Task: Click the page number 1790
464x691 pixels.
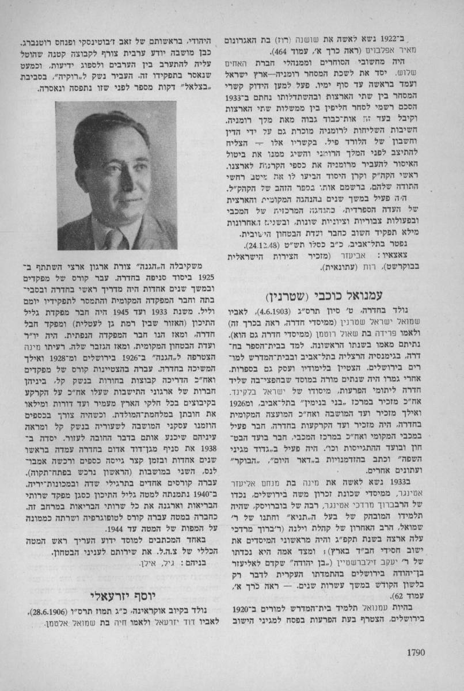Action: click(414, 653)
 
